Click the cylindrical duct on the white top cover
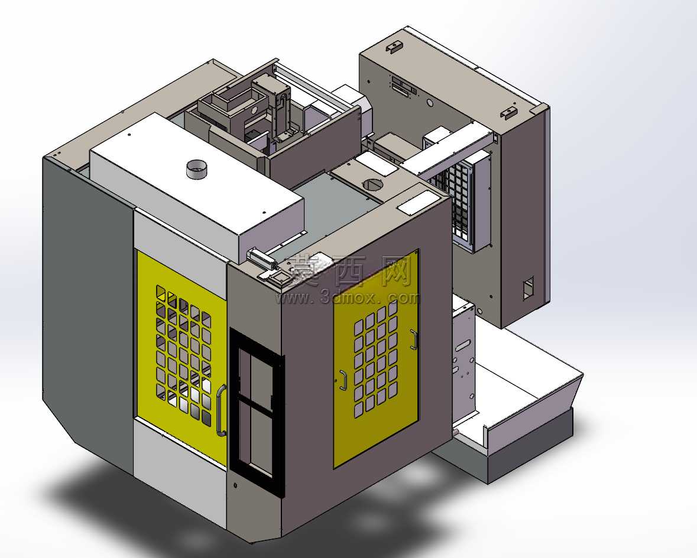[x=196, y=169]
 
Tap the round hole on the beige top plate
[x=372, y=184]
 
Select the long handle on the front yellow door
[x=221, y=410]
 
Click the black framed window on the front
[x=256, y=412]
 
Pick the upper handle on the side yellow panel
[x=414, y=340]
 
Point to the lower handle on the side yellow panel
[x=343, y=380]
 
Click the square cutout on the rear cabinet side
[x=528, y=288]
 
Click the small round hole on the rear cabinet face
[x=430, y=103]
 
